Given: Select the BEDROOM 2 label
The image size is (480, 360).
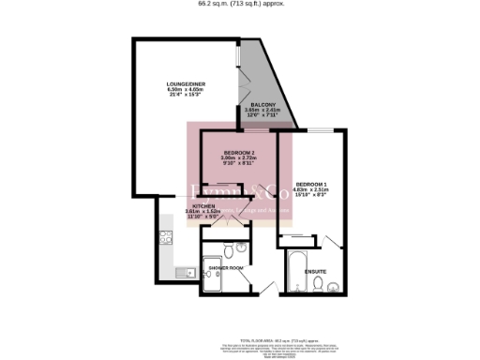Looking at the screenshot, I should click(238, 152).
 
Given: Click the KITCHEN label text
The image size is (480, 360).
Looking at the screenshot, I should click(204, 205).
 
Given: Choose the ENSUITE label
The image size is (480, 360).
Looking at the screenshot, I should click(314, 271).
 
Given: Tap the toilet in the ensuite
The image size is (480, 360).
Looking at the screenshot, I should click(319, 284).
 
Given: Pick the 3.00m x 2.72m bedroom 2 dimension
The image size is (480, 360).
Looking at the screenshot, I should click(238, 157).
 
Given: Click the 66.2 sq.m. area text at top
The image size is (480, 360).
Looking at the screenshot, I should click(240, 4).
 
